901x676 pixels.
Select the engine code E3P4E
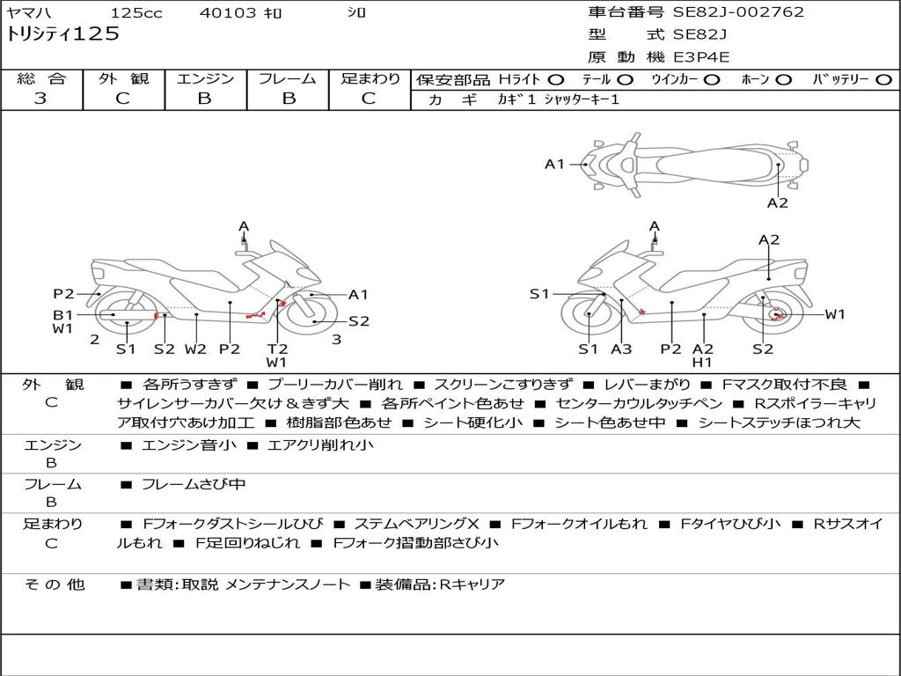click(x=701, y=57)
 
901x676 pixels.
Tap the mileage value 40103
click(x=227, y=13)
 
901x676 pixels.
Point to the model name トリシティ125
click(x=62, y=34)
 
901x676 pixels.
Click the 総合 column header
click(x=41, y=79)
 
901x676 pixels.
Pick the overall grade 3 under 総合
click(x=40, y=99)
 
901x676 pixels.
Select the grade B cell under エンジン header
click(x=204, y=99)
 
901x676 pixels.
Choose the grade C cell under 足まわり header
click(x=369, y=99)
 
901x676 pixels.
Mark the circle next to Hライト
click(x=555, y=80)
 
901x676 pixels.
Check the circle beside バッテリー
click(x=883, y=80)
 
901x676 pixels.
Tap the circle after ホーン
click(x=784, y=80)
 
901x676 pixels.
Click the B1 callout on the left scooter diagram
click(x=62, y=314)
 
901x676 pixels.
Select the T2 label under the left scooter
click(x=277, y=349)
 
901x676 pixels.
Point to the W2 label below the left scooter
click(x=194, y=349)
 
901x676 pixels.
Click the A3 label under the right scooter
click(x=621, y=349)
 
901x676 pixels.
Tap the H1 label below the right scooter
click(x=701, y=362)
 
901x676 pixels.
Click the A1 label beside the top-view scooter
click(x=554, y=164)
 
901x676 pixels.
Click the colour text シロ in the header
click(x=356, y=13)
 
